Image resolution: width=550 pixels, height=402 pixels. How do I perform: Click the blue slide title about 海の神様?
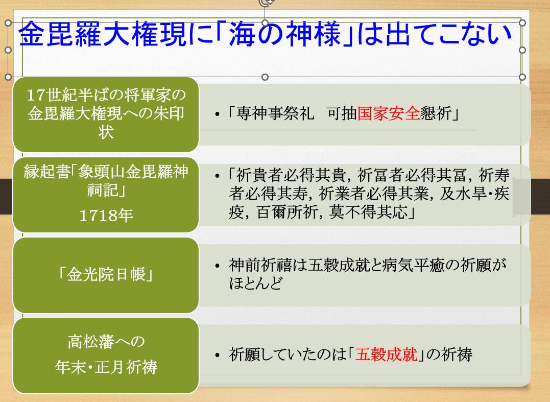point(265,34)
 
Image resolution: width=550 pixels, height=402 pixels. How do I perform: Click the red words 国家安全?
point(388,114)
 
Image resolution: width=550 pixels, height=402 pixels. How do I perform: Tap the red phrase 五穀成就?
point(386,354)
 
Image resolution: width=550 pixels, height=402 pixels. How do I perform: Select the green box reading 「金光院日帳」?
point(106,275)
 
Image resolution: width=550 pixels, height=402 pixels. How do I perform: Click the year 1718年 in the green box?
point(106,216)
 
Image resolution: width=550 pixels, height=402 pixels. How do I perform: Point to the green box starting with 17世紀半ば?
point(106,114)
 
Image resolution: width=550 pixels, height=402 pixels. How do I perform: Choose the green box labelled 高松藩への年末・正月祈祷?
point(106,356)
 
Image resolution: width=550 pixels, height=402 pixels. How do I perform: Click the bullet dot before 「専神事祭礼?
point(218,114)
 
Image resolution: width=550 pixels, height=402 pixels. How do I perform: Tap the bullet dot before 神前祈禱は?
point(218,266)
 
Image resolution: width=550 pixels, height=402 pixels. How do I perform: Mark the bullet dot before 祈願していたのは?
point(218,356)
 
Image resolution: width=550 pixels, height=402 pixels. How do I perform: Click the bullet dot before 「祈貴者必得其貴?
point(218,176)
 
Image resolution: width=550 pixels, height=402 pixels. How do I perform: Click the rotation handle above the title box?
point(265,3)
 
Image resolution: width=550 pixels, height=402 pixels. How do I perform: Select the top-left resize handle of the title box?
point(8,23)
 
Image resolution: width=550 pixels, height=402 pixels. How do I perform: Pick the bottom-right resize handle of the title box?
point(522,77)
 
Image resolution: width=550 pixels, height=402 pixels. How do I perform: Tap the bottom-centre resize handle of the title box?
point(265,77)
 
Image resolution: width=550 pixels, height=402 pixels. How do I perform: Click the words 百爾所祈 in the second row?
point(288,212)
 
